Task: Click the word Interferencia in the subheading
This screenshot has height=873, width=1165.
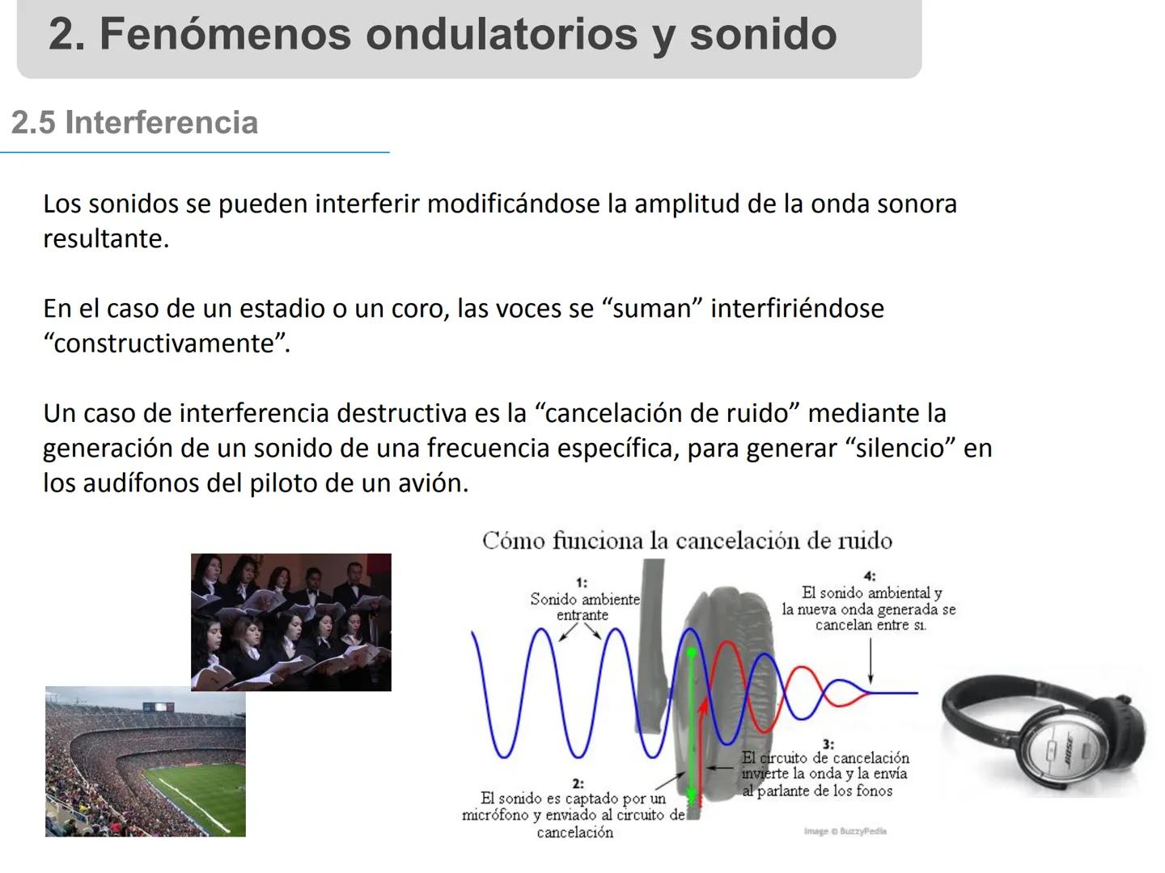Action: [x=161, y=123]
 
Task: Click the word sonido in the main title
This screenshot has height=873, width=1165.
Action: [x=763, y=34]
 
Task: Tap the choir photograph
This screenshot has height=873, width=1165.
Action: [x=290, y=622]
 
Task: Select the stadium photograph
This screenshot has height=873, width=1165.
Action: [x=145, y=761]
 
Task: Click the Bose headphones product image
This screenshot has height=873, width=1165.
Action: [x=1044, y=732]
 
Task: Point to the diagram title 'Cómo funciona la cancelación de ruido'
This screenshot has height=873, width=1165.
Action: [x=687, y=541]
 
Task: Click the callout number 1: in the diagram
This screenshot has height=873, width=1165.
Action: [x=581, y=582]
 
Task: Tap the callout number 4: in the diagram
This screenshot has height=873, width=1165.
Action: [x=870, y=576]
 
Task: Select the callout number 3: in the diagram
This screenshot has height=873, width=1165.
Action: [x=828, y=744]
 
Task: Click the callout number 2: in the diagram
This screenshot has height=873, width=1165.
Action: [x=578, y=783]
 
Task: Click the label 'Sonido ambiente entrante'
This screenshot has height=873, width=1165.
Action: [x=584, y=607]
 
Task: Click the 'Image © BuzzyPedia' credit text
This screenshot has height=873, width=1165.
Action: [x=845, y=831]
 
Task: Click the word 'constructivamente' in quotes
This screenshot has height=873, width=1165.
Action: [x=165, y=344]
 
